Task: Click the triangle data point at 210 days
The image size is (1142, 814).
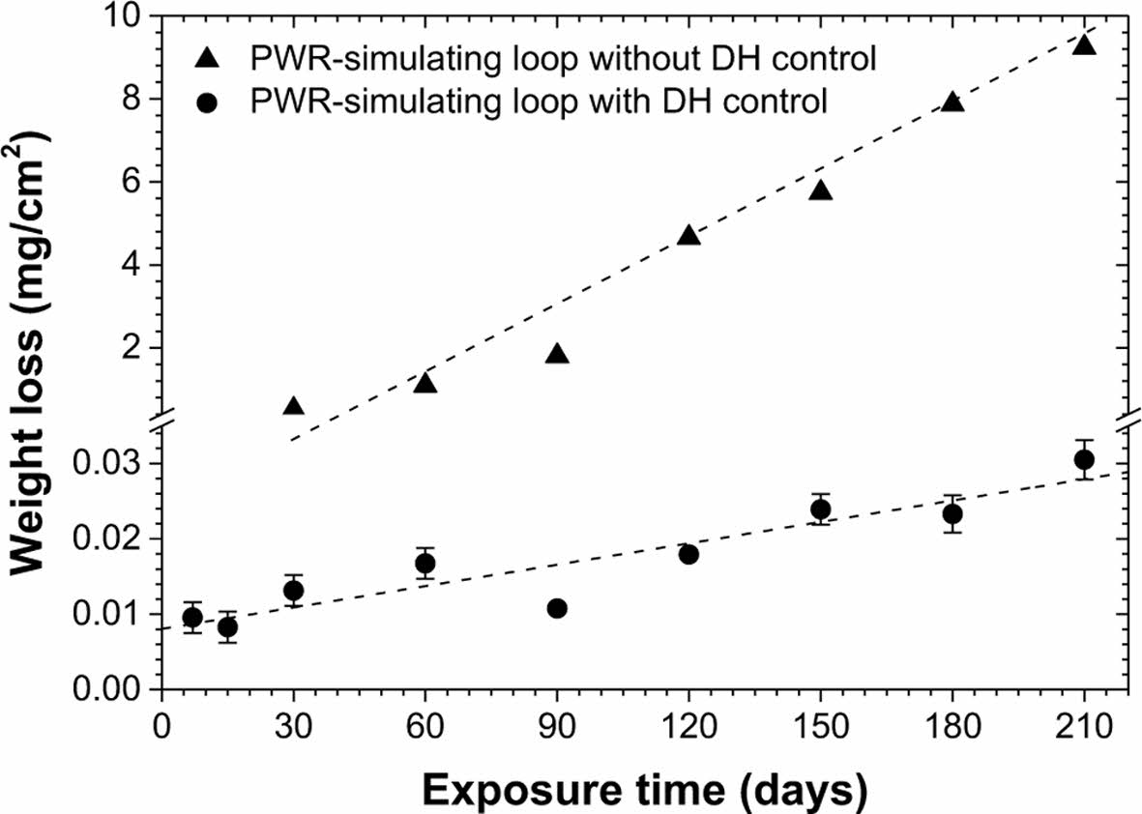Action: (1084, 44)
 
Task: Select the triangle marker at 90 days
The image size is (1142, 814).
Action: (557, 354)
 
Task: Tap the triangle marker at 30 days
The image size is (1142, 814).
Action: (294, 406)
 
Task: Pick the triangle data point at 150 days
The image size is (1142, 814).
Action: (821, 190)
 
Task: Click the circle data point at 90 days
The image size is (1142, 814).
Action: (557, 608)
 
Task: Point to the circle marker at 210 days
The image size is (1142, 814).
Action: (1084, 459)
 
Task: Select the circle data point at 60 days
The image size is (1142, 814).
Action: (425, 563)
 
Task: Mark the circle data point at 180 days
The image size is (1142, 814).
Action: (952, 514)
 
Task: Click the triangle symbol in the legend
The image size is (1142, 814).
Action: (205, 59)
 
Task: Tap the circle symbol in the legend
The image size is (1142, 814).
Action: (205, 100)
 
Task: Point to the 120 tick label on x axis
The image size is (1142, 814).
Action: (688, 724)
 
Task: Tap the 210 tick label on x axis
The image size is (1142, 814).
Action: (1084, 724)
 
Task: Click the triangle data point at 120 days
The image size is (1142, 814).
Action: (688, 235)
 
